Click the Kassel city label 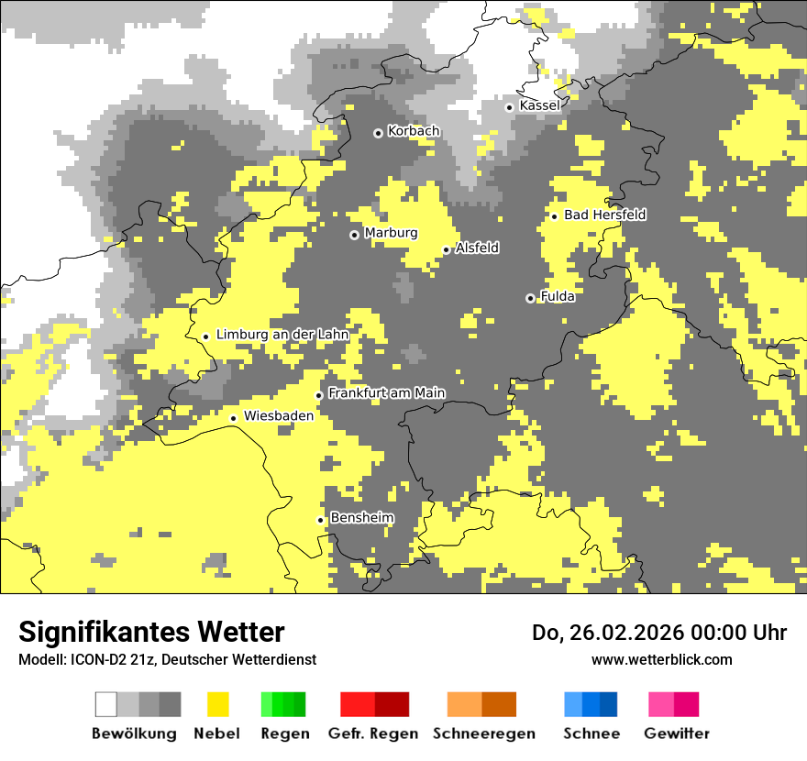[x=539, y=105]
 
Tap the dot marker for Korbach [x=378, y=133]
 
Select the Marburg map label [x=391, y=233]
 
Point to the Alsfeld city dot [x=447, y=249]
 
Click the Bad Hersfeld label [x=604, y=215]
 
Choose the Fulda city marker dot [x=530, y=298]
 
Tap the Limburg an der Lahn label [x=282, y=335]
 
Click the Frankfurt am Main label [x=386, y=393]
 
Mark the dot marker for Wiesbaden [x=234, y=418]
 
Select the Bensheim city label [x=361, y=518]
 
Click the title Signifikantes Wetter [x=151, y=632]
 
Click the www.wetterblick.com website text [x=661, y=659]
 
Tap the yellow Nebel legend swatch [x=218, y=704]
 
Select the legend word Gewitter [x=676, y=733]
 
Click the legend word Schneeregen [x=483, y=733]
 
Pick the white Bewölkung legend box [x=106, y=704]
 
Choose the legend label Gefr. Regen [x=373, y=733]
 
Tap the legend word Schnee [x=591, y=733]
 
